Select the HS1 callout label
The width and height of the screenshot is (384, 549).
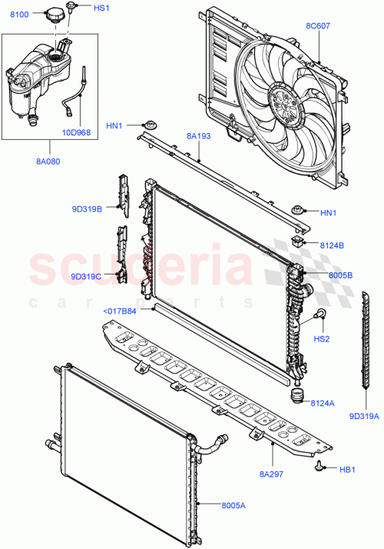click(x=101, y=8)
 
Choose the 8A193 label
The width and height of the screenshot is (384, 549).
click(x=198, y=136)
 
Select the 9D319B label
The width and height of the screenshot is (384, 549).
click(x=86, y=208)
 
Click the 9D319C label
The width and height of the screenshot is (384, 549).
click(x=86, y=276)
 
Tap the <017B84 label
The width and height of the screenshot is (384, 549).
click(x=119, y=311)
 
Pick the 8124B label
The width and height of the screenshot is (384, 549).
click(x=332, y=246)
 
